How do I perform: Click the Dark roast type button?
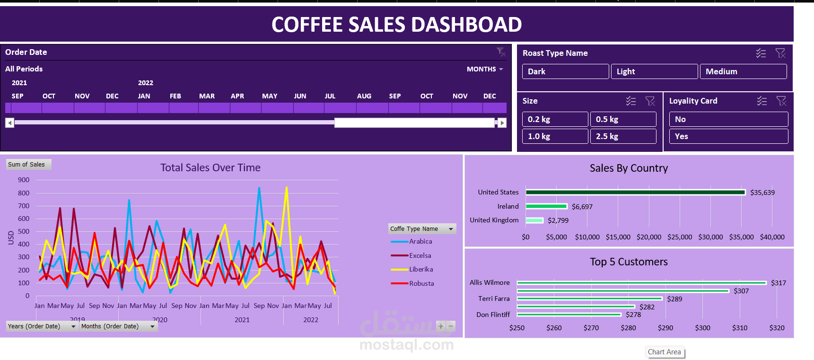[565, 71]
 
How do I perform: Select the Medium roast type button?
[743, 71]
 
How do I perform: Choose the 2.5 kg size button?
[623, 136]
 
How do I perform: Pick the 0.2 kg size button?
[555, 119]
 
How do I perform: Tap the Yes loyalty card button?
[728, 136]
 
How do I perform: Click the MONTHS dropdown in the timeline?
[485, 69]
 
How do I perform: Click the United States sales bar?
[635, 192]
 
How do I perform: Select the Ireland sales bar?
[546, 206]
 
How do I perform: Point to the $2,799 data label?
[558, 220]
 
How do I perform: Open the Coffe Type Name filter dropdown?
[451, 229]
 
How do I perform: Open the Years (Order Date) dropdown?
[73, 326]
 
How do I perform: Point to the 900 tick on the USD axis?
[24, 180]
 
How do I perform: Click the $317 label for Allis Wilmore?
[778, 283]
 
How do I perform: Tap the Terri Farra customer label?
[494, 299]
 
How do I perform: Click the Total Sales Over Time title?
[210, 167]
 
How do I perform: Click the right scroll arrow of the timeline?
[502, 123]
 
